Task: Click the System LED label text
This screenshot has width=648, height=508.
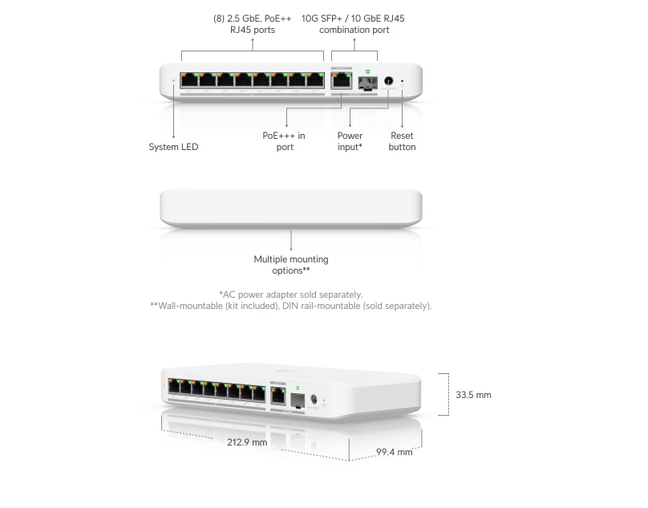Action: click(173, 147)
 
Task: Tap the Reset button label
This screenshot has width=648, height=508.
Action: click(402, 141)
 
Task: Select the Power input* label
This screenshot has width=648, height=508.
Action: click(350, 141)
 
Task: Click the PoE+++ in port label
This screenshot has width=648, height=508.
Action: click(284, 141)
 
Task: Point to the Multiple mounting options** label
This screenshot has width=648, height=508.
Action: click(291, 265)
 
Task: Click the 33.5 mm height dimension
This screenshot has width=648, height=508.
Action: click(473, 395)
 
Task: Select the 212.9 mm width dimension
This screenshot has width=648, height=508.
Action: click(247, 441)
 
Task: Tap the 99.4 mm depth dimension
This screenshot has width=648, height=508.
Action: click(395, 453)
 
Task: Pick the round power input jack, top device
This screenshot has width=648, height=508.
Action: click(389, 80)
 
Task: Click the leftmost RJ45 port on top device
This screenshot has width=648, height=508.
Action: click(189, 79)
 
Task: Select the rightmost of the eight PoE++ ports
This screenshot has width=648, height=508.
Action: click(315, 79)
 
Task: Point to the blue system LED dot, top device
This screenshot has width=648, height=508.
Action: click(174, 80)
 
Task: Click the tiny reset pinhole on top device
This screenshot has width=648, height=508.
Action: click(402, 81)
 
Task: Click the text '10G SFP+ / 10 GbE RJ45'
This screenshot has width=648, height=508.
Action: click(353, 18)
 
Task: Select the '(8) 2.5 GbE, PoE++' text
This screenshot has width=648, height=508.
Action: click(253, 18)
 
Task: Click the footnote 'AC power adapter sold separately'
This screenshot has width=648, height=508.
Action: click(290, 294)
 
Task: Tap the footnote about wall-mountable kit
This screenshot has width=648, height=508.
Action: click(290, 306)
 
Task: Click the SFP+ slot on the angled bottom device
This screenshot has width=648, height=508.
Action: click(296, 398)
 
